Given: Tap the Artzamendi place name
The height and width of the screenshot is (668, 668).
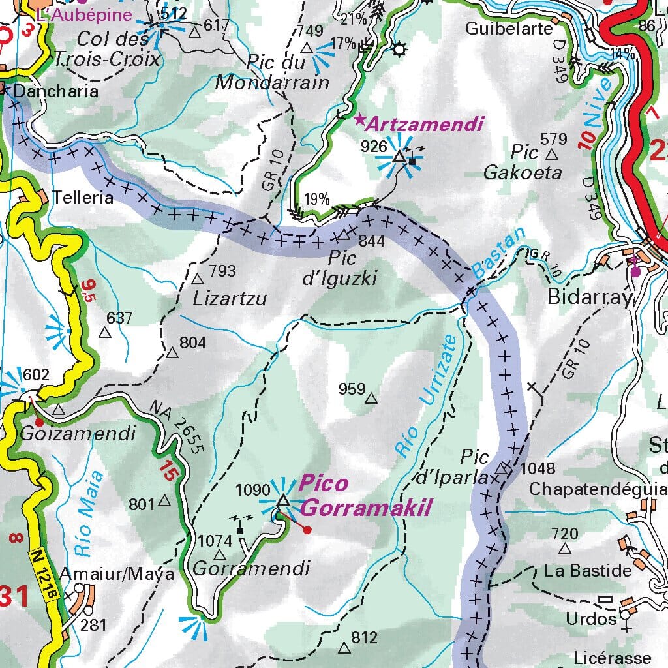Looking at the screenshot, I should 425,124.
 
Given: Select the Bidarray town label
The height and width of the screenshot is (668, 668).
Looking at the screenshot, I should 590,297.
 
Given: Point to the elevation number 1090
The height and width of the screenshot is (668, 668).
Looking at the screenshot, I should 252,490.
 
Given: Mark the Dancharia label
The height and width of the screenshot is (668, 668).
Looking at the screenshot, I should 55,91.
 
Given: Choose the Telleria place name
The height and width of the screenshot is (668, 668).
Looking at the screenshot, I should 83,197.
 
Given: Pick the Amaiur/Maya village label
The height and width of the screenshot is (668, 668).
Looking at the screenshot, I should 117,574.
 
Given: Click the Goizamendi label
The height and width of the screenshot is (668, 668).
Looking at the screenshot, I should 78,433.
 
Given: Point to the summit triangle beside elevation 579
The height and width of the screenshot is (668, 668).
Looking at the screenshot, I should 552,155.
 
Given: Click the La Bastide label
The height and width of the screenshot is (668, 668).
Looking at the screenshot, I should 588,571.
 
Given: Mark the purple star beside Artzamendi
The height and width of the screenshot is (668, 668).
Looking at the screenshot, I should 359,119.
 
